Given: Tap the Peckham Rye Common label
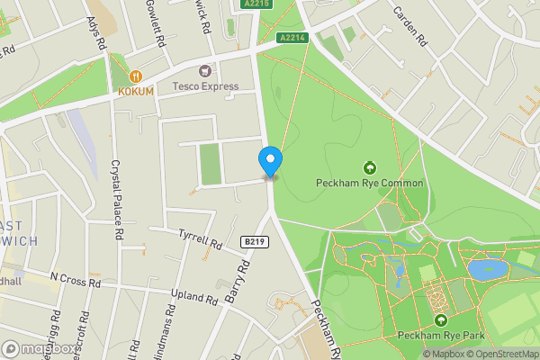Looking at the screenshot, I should coord(369,184).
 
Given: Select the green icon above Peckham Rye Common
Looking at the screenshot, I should coord(369,167).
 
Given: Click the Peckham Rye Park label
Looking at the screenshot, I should coord(441,336).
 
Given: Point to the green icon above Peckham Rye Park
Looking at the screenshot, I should coord(441,320).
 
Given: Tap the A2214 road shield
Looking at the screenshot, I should coord(292,37).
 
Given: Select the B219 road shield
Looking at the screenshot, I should coord(256,241).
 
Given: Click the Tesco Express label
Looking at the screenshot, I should coord(206,86).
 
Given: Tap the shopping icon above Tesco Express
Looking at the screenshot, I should coord(206,70).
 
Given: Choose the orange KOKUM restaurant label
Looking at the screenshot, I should coord(136,92).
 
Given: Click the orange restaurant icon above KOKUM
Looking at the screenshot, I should coord(137,76).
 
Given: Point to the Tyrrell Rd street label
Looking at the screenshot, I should coord(200,238).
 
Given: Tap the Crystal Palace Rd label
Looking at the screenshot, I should coord(117,200).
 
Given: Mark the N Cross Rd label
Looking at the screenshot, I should coord(76,281).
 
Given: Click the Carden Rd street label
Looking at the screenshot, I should coord(408,28).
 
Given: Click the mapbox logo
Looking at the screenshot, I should coord(39,348).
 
